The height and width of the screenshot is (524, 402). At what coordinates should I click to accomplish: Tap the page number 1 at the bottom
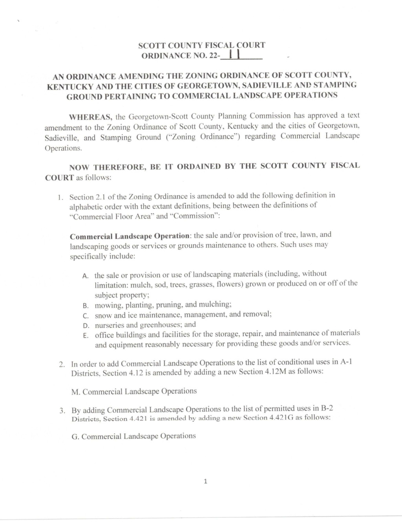[x=205, y=481]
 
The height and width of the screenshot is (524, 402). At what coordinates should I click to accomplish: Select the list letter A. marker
[x=86, y=276]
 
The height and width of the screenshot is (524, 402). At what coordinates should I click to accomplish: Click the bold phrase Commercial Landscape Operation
[x=130, y=236]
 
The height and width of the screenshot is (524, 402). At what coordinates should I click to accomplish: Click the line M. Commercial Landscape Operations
[x=134, y=391]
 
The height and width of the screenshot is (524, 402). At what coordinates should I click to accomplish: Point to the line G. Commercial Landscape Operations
[x=134, y=436]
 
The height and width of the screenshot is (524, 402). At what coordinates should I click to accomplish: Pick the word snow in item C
[x=103, y=315]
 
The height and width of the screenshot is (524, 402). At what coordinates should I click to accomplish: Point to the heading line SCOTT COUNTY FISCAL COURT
[x=202, y=45]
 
